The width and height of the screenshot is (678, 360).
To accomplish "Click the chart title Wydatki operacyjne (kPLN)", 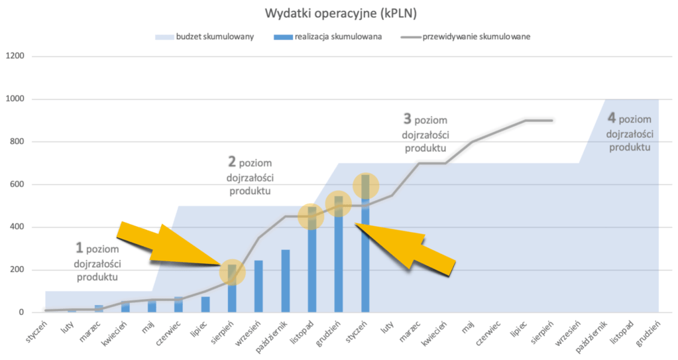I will [x=339, y=13].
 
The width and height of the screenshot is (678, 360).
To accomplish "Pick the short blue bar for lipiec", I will [x=205, y=304].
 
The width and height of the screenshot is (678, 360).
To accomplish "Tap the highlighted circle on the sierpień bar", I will [x=232, y=271].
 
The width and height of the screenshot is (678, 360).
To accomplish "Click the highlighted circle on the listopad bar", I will [x=311, y=216].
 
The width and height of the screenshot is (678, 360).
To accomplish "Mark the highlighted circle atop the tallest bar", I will [x=365, y=186].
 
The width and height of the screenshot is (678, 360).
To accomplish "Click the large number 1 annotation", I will [x=80, y=248].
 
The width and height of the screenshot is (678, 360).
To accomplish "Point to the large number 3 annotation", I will [x=407, y=119].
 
